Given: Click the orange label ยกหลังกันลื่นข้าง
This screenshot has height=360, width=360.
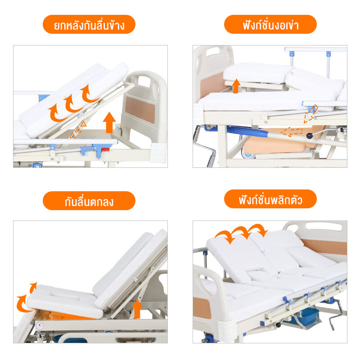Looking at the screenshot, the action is click(x=89, y=24).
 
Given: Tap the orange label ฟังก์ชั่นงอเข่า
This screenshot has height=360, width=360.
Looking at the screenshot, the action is click(x=270, y=24).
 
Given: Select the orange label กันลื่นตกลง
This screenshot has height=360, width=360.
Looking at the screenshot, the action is click(x=89, y=201).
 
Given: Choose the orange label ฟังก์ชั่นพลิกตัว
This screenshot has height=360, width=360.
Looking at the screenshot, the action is click(x=270, y=199).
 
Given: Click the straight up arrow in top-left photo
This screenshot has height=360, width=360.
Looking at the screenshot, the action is click(x=109, y=122).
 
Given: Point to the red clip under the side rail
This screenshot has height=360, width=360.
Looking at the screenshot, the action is click(x=105, y=149).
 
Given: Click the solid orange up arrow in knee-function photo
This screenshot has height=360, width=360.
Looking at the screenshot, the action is click(x=236, y=86).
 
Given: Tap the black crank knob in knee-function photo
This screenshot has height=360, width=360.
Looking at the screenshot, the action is click(x=309, y=136).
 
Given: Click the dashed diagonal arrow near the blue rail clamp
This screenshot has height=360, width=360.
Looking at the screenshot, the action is click(x=310, y=114).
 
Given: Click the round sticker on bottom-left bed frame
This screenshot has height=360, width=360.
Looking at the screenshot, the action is click(x=40, y=325).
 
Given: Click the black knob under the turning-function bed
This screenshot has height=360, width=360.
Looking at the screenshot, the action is click(x=278, y=325).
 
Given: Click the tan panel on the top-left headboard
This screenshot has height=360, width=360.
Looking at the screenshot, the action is click(x=140, y=110).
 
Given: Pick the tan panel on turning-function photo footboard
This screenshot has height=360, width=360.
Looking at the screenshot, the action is click(x=202, y=308).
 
